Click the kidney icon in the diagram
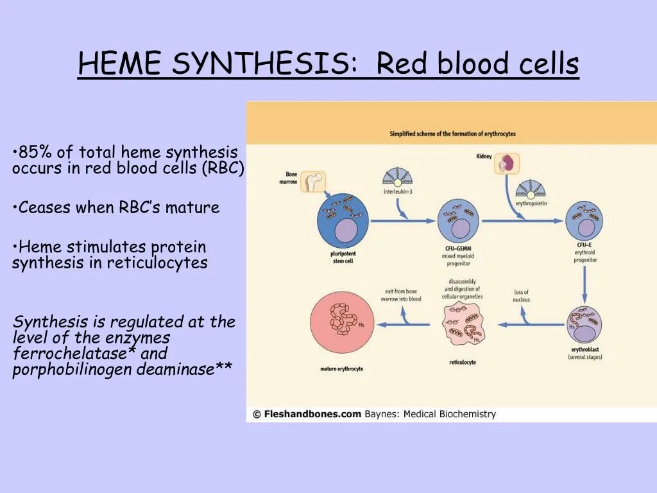click(507, 164)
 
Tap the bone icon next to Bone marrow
click(313, 182)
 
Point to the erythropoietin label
click(531, 203)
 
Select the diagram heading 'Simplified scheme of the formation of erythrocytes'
click(452, 134)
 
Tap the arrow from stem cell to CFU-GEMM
click(403, 221)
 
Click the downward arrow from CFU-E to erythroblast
click(584, 282)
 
